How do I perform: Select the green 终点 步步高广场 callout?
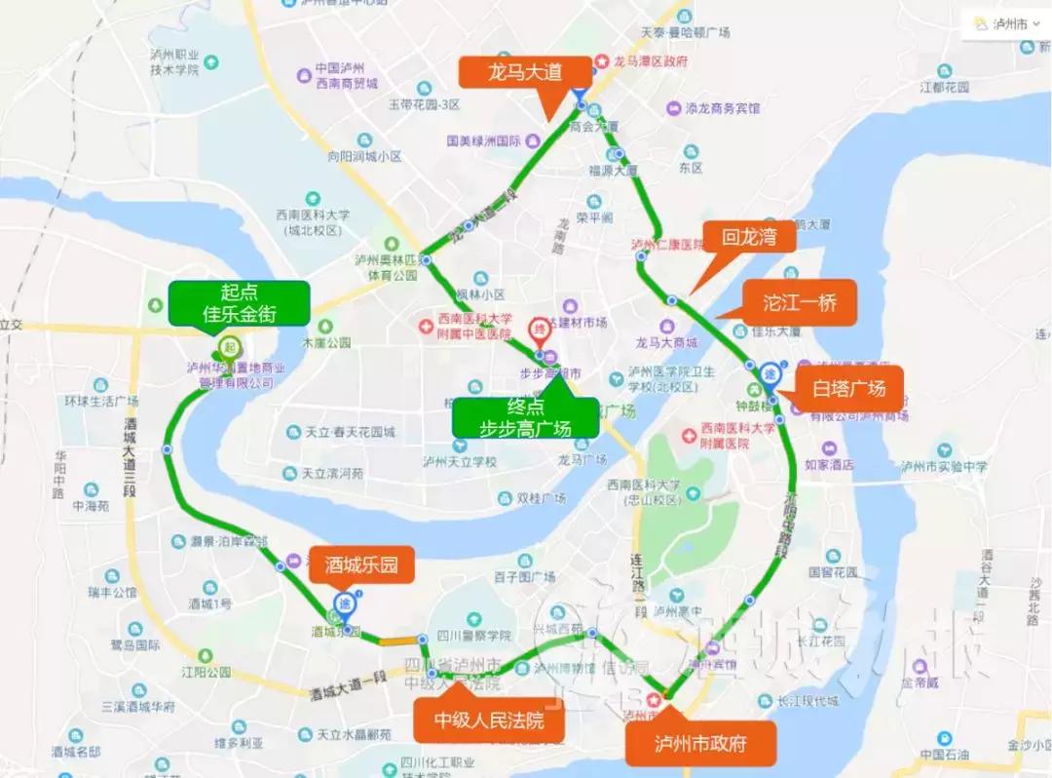(525, 416)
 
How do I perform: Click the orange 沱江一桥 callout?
(800, 303)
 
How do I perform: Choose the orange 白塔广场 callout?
(849, 388)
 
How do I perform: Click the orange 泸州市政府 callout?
(701, 744)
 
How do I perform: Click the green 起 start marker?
(230, 345)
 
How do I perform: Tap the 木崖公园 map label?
(326, 343)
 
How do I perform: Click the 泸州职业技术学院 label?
(175, 62)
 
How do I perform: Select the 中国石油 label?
(944, 755)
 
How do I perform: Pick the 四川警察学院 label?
(474, 636)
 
